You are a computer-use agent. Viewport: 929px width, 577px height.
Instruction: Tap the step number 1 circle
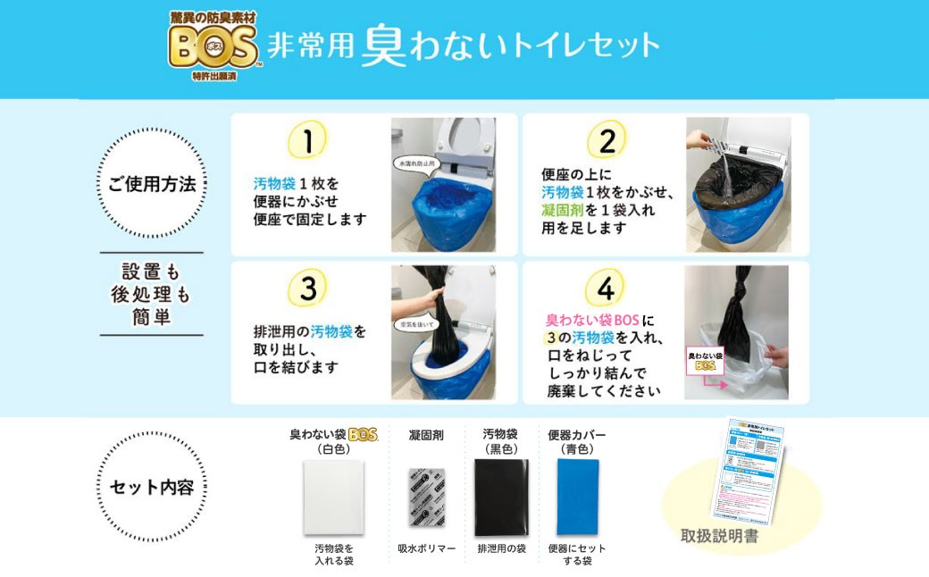(306, 142)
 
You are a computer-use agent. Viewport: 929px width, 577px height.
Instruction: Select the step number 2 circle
(607, 141)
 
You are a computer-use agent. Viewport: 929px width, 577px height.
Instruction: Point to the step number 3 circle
(307, 288)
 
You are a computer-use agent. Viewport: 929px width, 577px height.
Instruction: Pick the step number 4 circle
(606, 288)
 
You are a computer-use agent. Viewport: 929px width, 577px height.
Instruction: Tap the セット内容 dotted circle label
(151, 488)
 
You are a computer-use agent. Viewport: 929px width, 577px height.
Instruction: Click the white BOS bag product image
(333, 498)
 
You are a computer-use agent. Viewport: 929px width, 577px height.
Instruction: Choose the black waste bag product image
(501, 498)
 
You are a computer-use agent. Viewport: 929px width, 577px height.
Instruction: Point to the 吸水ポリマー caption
(426, 548)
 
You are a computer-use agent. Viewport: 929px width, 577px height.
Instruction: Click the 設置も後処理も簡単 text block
(151, 295)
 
